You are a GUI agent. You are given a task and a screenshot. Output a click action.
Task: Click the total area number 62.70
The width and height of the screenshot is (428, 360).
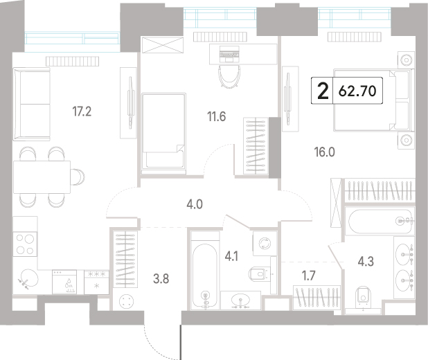pos(357,91)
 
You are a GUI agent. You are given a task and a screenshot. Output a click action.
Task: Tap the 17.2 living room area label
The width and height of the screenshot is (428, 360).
pos(82,111)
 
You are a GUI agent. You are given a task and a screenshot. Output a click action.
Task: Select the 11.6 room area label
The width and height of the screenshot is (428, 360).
pos(217,116)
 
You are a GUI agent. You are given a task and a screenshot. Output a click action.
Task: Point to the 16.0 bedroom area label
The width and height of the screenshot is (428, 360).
pos(325,152)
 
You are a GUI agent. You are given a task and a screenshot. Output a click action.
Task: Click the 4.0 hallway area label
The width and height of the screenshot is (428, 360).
pos(195,204)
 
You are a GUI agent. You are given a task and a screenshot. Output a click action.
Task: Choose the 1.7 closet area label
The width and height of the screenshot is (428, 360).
pos(309,276)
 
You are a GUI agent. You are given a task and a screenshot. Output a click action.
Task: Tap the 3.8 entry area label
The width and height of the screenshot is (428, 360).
pos(161,279)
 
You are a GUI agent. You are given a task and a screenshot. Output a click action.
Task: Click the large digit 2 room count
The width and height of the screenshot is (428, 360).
pos(323,91)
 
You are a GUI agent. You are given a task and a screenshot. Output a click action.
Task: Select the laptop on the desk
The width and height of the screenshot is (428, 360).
pos(229,53)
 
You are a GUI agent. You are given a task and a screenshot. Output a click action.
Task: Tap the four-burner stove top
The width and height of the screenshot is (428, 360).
pos(25,244)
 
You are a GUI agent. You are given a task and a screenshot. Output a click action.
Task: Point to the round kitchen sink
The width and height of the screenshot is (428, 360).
pos(28,278)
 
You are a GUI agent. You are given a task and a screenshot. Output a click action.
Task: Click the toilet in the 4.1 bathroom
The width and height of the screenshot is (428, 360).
pos(258,273)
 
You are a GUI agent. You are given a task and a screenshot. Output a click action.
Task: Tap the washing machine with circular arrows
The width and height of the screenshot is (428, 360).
pos(265,243)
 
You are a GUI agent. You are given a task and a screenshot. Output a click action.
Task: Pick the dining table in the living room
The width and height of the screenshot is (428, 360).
pos(42,177)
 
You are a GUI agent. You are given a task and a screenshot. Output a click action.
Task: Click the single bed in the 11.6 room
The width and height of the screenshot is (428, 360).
pos(163,133)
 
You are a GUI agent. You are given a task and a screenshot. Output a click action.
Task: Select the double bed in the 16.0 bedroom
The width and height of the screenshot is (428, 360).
pos(373,100)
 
